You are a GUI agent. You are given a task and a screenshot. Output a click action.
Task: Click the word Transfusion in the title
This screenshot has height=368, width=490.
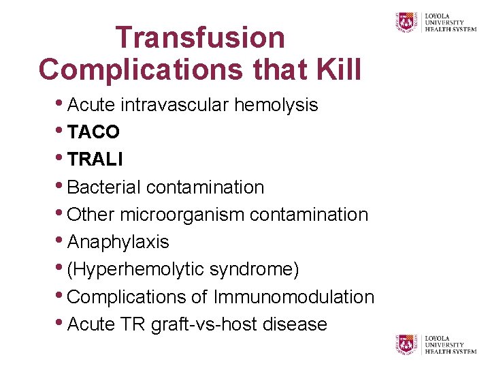point(200,37)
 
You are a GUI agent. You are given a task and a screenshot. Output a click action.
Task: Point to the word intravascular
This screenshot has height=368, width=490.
point(176,105)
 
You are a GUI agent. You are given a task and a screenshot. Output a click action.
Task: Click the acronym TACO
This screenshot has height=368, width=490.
point(94,132)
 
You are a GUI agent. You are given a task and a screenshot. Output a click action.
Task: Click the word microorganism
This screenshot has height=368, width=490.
point(182,214)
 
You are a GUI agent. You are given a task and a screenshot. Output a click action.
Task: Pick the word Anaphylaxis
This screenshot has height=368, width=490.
point(118,242)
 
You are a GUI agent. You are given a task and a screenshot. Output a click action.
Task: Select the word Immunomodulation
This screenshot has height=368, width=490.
point(294,297)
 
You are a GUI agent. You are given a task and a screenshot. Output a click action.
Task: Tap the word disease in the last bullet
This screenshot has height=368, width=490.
point(293,324)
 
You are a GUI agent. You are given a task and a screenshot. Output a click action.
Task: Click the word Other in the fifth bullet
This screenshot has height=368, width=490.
point(92,214)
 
